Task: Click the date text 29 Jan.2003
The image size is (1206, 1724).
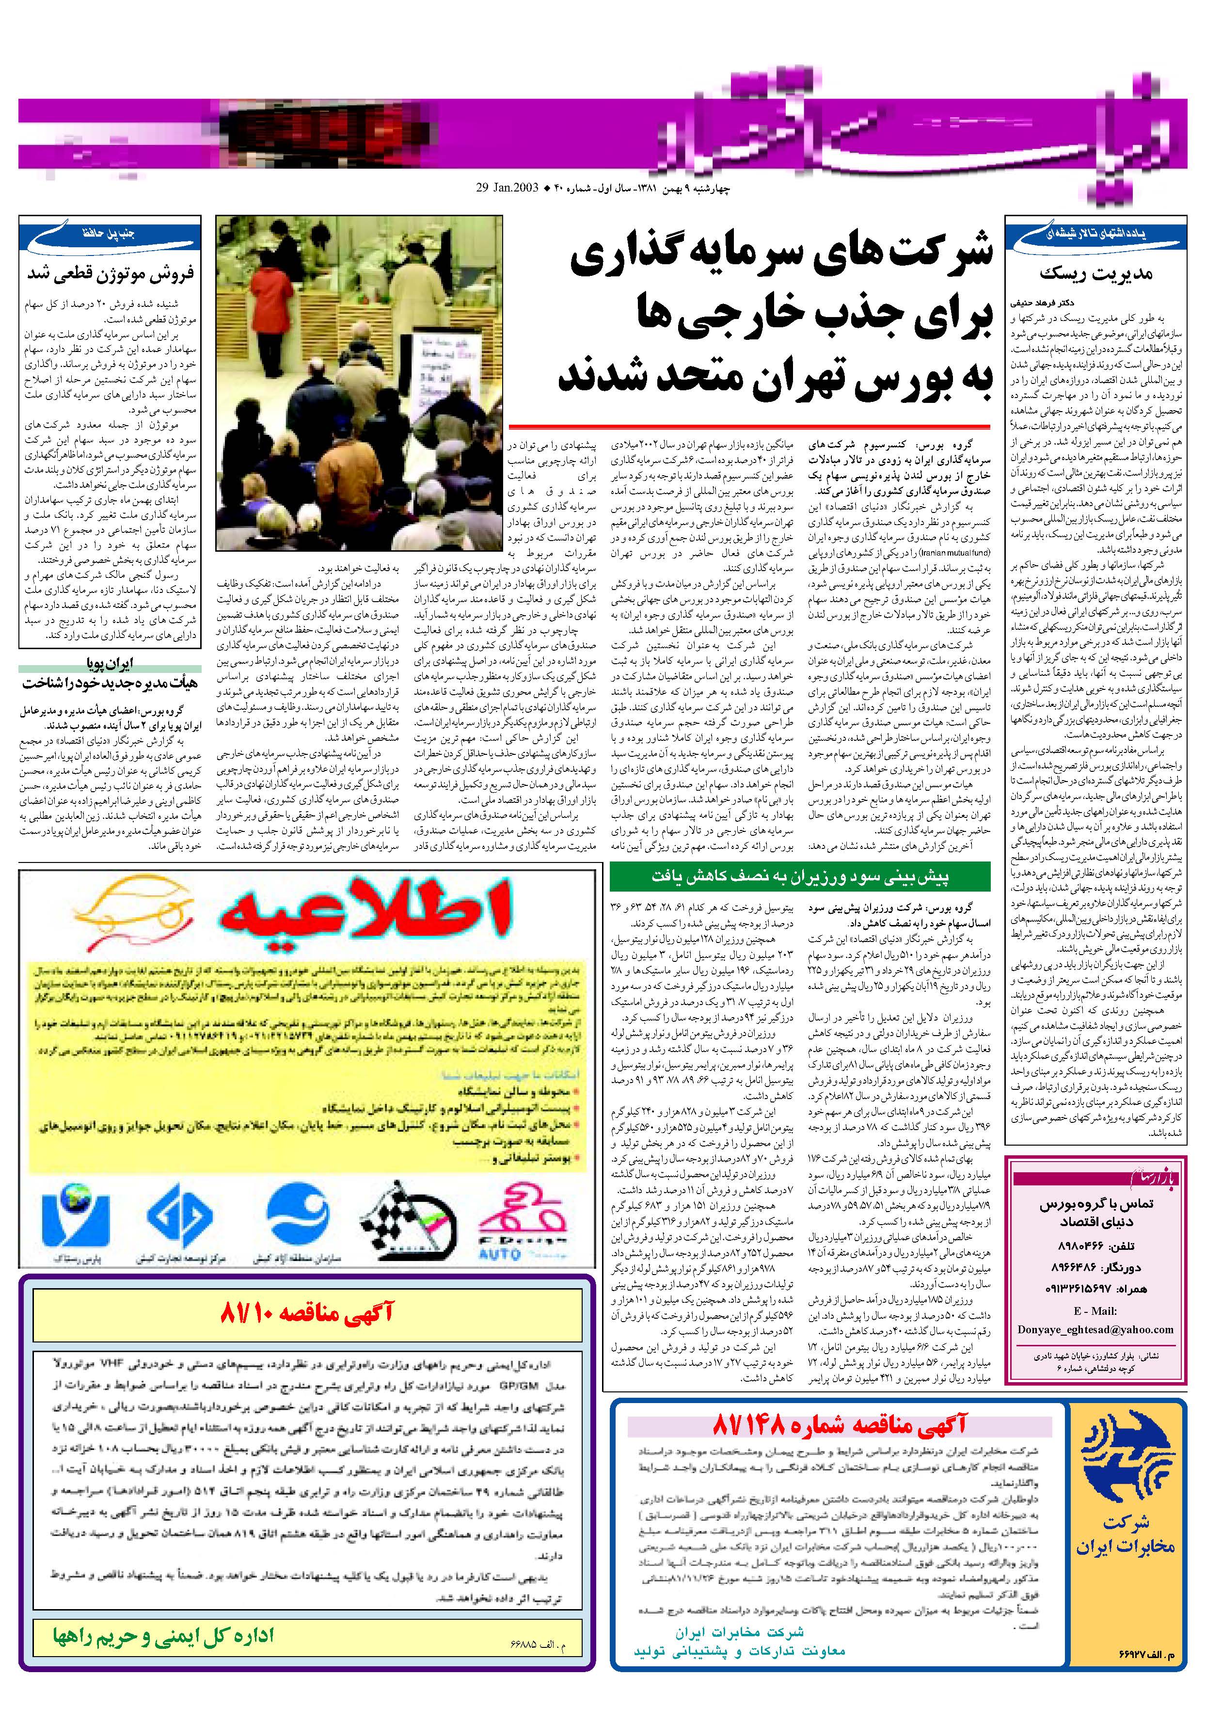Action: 508,189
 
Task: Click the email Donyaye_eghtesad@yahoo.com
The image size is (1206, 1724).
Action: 1095,1329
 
